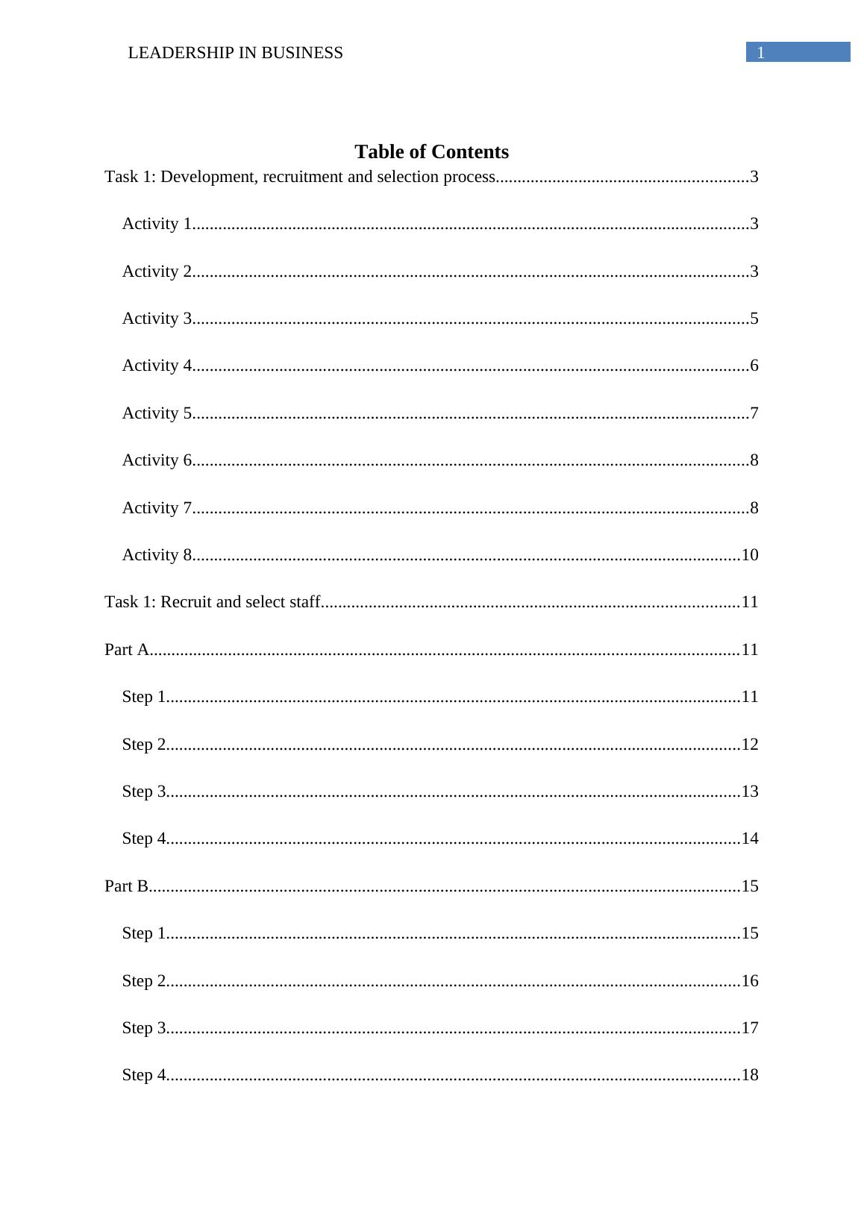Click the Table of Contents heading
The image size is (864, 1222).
click(431, 152)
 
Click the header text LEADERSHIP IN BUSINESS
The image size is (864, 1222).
click(235, 53)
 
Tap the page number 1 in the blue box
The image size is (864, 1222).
click(761, 53)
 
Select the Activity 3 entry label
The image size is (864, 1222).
click(157, 319)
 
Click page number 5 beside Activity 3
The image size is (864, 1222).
click(754, 319)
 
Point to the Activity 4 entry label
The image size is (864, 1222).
click(157, 366)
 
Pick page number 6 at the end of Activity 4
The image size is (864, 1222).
click(754, 366)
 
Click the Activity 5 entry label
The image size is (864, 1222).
click(157, 413)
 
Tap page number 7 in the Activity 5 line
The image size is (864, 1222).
click(754, 413)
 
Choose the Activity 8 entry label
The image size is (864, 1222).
click(157, 555)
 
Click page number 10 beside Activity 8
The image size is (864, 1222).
click(750, 555)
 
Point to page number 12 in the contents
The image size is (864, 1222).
click(750, 745)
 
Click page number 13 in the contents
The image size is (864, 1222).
click(750, 792)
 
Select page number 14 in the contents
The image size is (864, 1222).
click(750, 839)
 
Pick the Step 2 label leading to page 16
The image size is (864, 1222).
click(143, 981)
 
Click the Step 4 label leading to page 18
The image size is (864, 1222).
click(143, 1075)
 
